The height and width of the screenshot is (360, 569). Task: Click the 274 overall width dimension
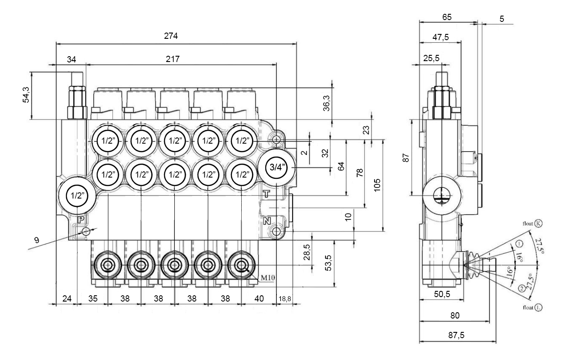coord(171,36)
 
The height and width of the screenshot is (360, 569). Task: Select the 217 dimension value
coord(173,59)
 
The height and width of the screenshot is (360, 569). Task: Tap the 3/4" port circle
coord(276,167)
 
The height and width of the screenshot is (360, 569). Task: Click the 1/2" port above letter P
coord(77,196)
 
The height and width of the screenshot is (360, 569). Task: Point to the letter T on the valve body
coord(266,194)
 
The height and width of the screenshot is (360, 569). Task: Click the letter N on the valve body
coord(267,221)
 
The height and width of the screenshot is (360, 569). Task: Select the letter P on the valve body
coord(81,220)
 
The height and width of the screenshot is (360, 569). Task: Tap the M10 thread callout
coord(268,277)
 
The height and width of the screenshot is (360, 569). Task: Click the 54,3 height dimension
coord(26,95)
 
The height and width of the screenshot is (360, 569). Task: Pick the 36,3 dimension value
coord(326,103)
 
